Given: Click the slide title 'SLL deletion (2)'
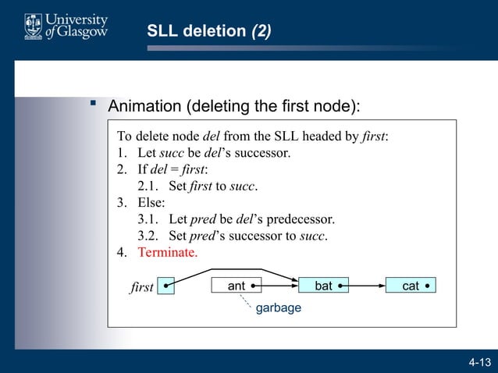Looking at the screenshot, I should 209,31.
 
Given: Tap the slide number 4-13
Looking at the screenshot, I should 479,362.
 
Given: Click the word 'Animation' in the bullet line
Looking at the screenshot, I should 146,105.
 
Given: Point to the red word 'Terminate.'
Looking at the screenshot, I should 168,253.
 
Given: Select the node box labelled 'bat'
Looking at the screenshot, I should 323,286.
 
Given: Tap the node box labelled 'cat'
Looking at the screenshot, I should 411,286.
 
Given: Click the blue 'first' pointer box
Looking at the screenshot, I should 165,286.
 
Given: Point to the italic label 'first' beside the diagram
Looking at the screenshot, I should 141,288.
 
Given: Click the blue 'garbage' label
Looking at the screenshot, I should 279,308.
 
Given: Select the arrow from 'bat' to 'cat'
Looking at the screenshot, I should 366,286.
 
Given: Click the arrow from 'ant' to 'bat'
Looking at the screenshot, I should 279,286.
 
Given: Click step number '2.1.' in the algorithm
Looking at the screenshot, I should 150,186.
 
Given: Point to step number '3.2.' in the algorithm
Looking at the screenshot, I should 150,236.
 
